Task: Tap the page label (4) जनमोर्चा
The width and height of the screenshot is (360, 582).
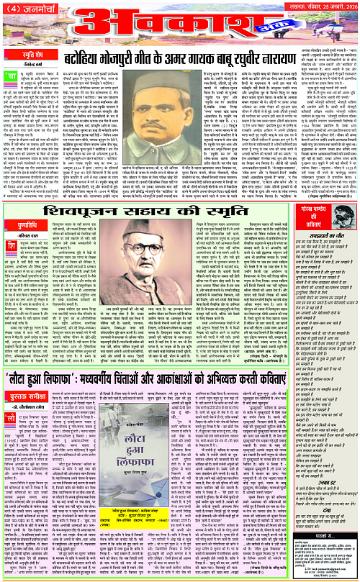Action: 26,9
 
